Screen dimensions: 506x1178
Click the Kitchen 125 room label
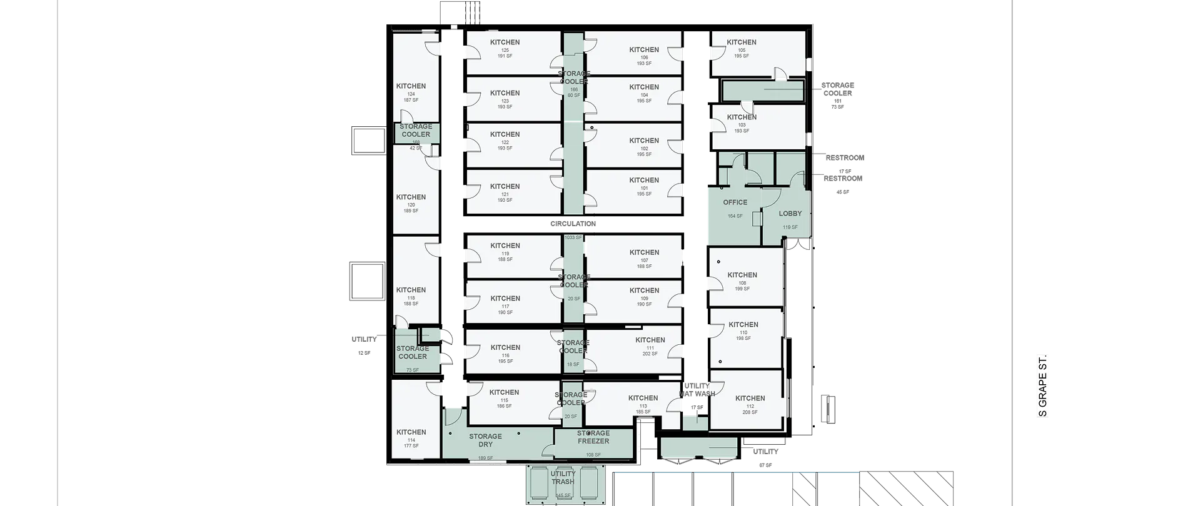point(505,42)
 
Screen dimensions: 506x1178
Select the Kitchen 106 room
point(644,50)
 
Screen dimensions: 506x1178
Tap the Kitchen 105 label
point(742,42)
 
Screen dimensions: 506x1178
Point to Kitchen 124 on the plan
point(411,86)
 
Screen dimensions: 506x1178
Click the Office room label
point(735,202)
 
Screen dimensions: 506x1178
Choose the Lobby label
point(790,214)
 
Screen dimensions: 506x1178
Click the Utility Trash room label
point(563,478)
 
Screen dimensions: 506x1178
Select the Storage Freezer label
point(593,437)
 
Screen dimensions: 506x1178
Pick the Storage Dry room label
point(485,440)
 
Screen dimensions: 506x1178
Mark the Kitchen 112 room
point(750,399)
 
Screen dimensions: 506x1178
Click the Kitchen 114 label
point(411,432)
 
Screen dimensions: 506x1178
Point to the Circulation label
point(573,224)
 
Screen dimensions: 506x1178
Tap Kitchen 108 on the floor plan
point(742,275)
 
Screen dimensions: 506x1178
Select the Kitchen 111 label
point(650,340)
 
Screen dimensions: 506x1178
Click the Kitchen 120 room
point(411,197)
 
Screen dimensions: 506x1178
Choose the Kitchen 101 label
point(644,181)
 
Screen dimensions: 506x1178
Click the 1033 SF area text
point(573,237)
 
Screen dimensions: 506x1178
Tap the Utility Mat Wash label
point(697,390)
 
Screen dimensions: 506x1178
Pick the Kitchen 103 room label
point(742,117)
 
